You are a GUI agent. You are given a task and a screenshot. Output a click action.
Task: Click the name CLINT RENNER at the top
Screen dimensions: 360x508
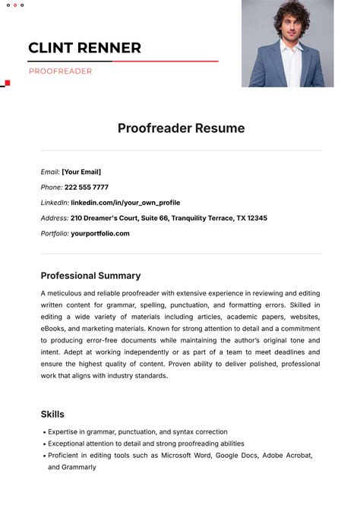coord(84,48)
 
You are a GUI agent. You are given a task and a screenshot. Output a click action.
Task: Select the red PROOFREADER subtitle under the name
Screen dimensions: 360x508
coord(60,71)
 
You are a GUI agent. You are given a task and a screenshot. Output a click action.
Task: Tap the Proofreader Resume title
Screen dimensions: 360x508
coord(181,128)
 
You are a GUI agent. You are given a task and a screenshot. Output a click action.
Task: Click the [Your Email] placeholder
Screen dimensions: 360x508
coord(81,172)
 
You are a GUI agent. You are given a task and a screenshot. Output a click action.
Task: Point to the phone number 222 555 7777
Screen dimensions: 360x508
coord(87,188)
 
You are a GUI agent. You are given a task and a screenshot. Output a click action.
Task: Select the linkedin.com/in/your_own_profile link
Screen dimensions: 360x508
coord(125,203)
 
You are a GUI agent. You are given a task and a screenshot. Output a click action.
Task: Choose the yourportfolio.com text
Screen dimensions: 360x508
coord(100,233)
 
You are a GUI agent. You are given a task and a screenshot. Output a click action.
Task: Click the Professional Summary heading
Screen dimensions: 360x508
coord(90,276)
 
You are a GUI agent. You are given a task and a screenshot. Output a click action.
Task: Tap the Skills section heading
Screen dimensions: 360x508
coord(52,414)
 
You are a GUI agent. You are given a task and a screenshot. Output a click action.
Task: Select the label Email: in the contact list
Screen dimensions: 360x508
coord(50,172)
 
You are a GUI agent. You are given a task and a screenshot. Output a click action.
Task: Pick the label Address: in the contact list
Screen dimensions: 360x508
coord(55,218)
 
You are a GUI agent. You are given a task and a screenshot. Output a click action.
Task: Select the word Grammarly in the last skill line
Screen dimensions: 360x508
coord(80,467)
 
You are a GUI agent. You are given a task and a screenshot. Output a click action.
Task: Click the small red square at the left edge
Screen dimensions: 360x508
coord(8,83)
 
